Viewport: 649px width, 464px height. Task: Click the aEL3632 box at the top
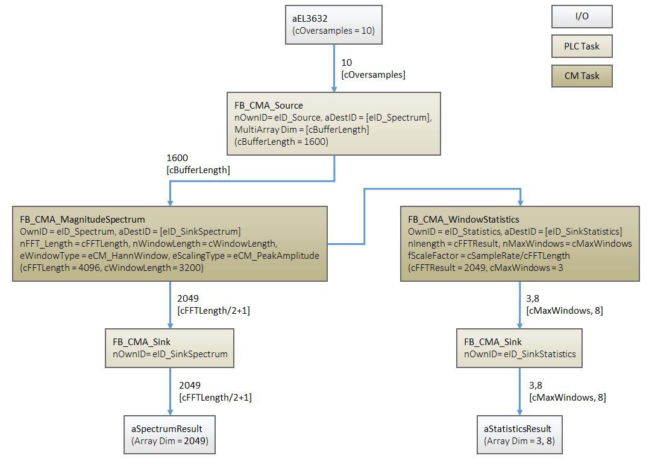tap(333, 25)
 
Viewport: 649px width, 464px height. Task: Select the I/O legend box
tap(582, 17)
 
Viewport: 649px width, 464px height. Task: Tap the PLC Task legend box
tap(582, 46)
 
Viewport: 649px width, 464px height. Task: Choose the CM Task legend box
tap(582, 76)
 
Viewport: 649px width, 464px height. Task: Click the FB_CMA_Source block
tap(333, 124)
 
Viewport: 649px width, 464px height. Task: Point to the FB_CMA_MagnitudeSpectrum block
tap(169, 244)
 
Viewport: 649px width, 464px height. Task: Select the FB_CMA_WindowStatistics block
tap(520, 244)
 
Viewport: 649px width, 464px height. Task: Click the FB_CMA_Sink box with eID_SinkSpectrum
tap(169, 348)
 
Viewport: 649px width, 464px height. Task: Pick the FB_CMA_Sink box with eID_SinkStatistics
tap(519, 348)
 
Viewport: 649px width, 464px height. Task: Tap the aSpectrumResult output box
tap(169, 434)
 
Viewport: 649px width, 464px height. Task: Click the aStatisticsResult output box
tap(519, 434)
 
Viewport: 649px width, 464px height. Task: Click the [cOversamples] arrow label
tap(373, 75)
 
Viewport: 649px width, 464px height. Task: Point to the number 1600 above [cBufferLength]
tap(177, 158)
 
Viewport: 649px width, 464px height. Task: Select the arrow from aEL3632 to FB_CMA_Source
tap(334, 68)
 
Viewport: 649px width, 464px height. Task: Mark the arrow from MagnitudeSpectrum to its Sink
tap(170, 305)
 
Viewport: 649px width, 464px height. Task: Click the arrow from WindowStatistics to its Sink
tap(520, 305)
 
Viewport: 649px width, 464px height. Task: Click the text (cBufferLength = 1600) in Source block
tap(281, 142)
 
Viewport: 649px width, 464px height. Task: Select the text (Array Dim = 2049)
tap(170, 440)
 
